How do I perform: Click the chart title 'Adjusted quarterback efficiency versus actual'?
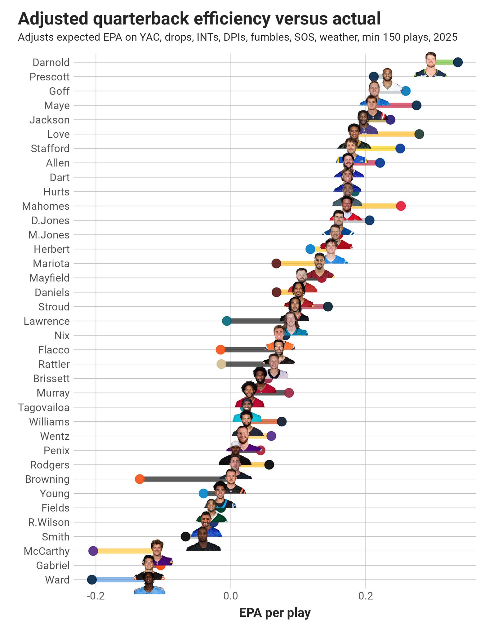tap(199, 19)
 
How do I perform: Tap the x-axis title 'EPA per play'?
tap(275, 613)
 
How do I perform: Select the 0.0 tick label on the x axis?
tap(231, 596)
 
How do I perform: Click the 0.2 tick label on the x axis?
tap(366, 596)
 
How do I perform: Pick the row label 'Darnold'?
tap(51, 63)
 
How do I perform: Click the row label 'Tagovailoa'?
tap(44, 407)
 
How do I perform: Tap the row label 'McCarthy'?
tap(47, 551)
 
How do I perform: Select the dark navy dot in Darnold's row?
tap(458, 62)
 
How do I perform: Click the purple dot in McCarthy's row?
tap(93, 551)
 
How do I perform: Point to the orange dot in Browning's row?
tap(140, 479)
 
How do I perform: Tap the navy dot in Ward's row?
tap(92, 580)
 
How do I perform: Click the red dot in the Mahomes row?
tap(401, 206)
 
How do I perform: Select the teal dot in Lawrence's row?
tap(227, 321)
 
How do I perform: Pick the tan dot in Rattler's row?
tap(221, 364)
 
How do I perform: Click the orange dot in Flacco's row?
tap(220, 350)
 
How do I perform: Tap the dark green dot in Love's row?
tap(419, 134)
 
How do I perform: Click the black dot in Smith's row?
tap(185, 537)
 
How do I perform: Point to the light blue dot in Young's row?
tap(203, 494)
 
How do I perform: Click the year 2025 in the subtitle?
tap(445, 37)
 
